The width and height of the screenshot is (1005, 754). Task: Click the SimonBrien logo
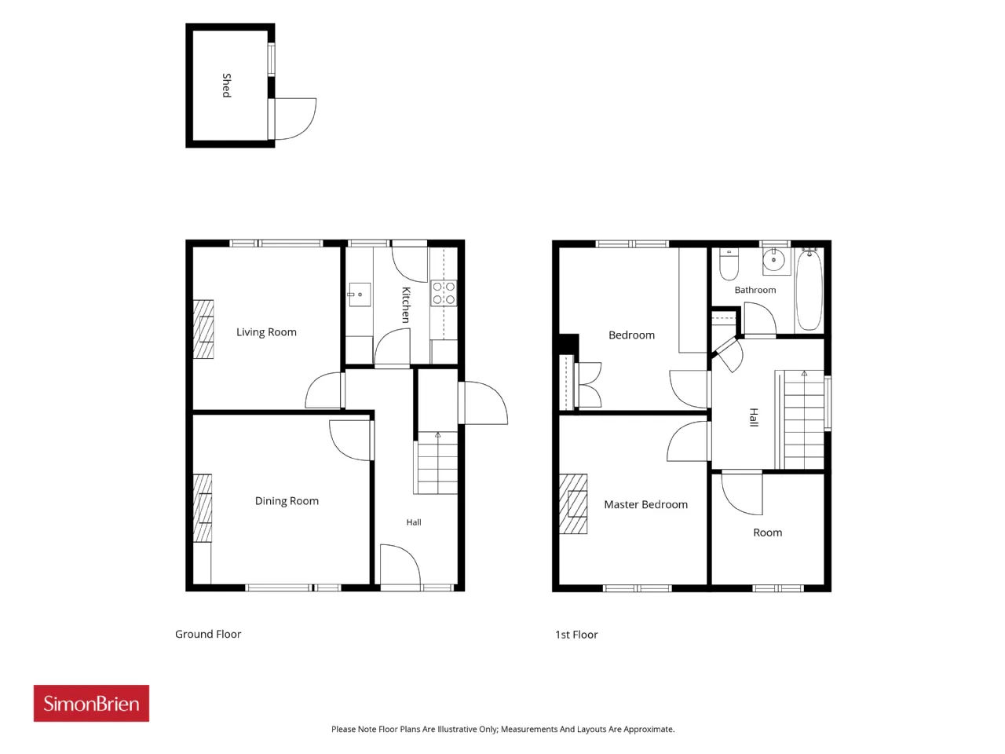[x=91, y=703]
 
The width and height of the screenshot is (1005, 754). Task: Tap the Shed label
[x=227, y=85]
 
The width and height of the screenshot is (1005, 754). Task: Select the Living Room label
[x=266, y=332]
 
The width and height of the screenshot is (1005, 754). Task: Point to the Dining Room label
[x=287, y=500]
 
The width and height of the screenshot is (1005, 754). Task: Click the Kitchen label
[x=406, y=305]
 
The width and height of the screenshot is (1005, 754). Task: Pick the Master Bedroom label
[x=645, y=504]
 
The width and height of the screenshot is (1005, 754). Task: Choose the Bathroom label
[x=755, y=290]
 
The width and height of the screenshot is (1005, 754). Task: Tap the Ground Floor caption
[x=208, y=634]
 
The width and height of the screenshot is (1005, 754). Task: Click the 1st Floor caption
[x=576, y=635]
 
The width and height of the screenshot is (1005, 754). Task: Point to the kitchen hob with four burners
[x=444, y=293]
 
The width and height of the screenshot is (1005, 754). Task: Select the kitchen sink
[x=360, y=295]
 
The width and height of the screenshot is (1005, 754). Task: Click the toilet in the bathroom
[x=729, y=264]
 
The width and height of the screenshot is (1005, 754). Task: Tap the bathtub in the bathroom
[x=809, y=289]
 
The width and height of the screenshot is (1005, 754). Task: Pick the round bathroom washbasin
[x=774, y=260]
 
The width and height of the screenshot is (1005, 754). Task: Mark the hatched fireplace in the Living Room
[x=203, y=329]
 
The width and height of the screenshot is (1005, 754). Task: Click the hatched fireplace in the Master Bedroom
[x=573, y=503]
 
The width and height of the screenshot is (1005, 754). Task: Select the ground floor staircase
[x=436, y=463]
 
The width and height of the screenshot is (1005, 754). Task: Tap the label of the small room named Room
[x=767, y=533]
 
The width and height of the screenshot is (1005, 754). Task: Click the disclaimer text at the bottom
[x=502, y=729]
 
